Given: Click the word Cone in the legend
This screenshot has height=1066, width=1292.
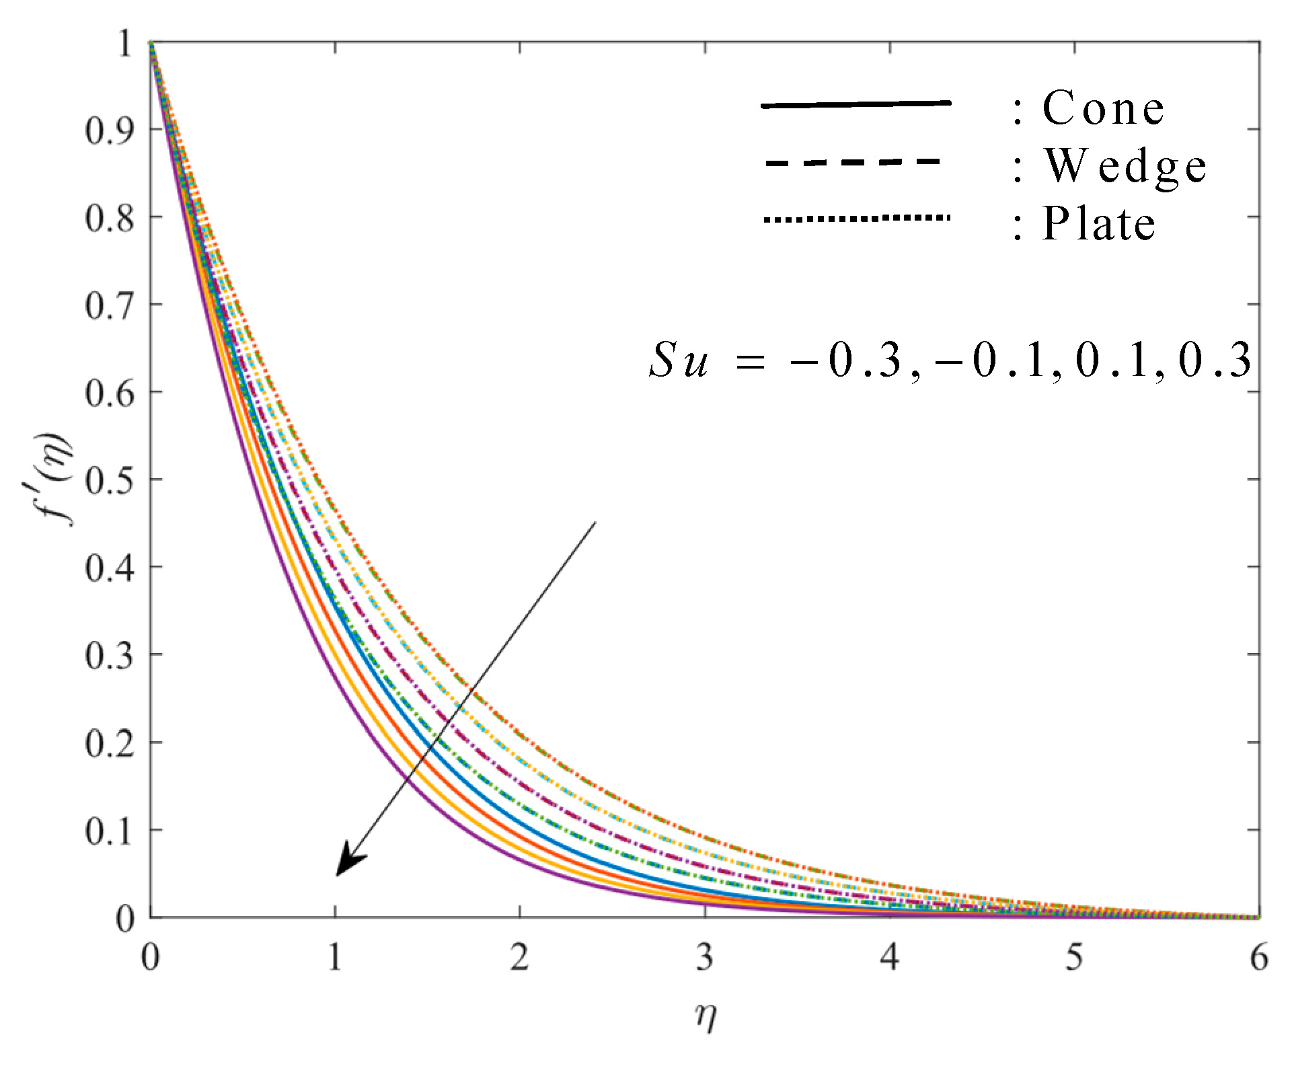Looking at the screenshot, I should [x=1103, y=108].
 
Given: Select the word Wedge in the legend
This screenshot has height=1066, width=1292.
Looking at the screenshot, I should [x=1125, y=166].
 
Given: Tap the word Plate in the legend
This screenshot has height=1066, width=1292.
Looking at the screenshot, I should [x=1098, y=224].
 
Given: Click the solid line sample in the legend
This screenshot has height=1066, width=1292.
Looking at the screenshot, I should [x=856, y=105].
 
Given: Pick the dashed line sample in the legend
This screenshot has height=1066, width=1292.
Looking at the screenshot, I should [x=853, y=162].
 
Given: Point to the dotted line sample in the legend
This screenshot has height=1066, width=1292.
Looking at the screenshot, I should [x=856, y=218].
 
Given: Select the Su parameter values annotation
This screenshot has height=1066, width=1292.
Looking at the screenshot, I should [x=949, y=360].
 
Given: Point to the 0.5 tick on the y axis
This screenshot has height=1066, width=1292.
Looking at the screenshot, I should [x=110, y=480].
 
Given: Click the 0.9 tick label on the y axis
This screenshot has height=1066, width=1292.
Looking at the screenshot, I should [x=110, y=130].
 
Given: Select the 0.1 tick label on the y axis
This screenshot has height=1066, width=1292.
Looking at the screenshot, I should [x=110, y=831].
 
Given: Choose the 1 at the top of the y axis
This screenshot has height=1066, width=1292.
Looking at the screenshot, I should [x=125, y=44].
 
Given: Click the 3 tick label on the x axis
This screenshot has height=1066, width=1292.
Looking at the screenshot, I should [x=704, y=956].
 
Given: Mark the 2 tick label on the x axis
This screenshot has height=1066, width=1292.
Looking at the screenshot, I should [x=519, y=956].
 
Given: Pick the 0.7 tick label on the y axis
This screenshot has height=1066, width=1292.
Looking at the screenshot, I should [x=110, y=305].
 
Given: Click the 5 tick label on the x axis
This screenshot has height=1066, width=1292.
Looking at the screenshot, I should [x=1074, y=956].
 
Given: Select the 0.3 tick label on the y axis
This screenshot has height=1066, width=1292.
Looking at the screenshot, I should [x=110, y=656].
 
